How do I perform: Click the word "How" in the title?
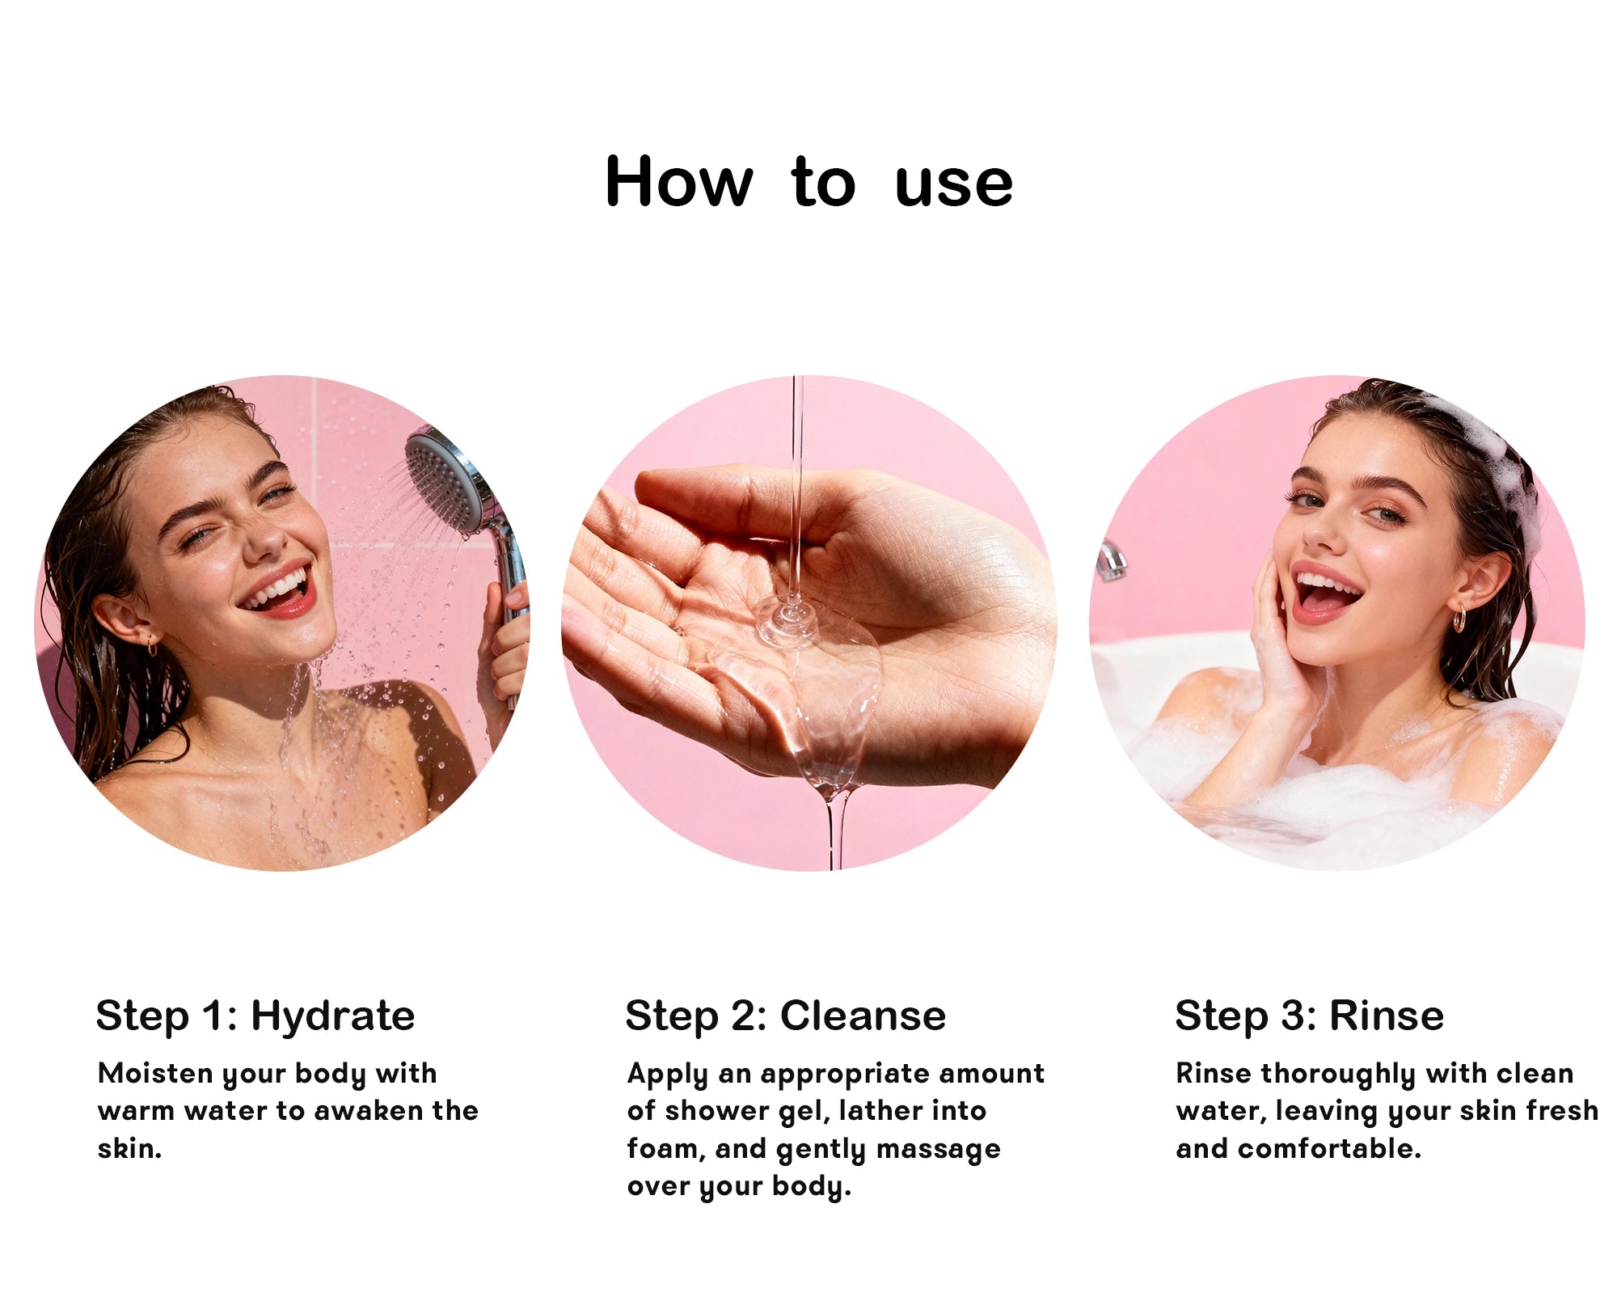679,182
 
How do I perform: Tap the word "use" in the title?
953,185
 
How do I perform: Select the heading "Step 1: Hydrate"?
255,1016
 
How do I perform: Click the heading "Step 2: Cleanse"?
785,1016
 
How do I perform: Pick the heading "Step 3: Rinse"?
1309,1016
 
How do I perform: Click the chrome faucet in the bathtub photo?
1112,560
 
